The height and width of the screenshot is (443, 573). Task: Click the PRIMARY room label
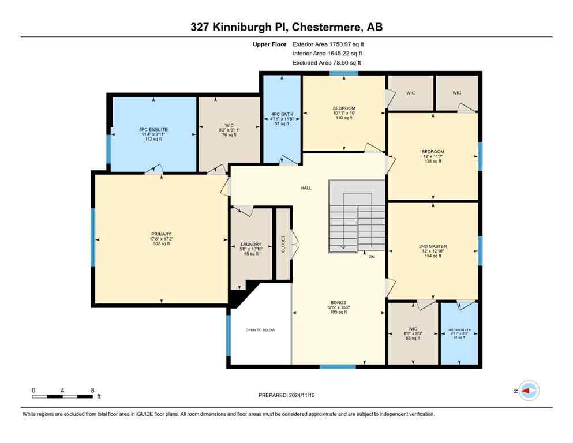(161, 234)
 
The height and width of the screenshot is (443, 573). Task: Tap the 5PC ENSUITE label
(153, 129)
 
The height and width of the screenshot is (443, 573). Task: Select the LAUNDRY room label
(251, 244)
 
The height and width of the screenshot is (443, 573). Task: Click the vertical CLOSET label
(283, 243)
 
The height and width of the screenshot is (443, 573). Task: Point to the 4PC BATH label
(281, 114)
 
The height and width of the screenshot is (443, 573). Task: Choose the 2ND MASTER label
(433, 246)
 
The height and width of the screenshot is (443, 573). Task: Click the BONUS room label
(338, 302)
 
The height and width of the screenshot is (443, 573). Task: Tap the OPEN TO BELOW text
(260, 330)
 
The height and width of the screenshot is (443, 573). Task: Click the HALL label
(306, 188)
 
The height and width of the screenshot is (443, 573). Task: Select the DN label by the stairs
(372, 257)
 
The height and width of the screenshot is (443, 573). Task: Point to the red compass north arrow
(526, 391)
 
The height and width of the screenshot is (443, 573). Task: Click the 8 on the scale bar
(93, 390)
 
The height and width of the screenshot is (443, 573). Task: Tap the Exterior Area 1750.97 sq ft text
(328, 44)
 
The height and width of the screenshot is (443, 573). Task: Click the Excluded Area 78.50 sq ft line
(327, 62)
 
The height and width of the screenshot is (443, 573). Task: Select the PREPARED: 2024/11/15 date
(286, 395)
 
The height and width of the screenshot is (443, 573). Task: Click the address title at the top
(286, 27)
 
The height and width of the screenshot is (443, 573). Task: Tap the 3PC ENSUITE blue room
(459, 334)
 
